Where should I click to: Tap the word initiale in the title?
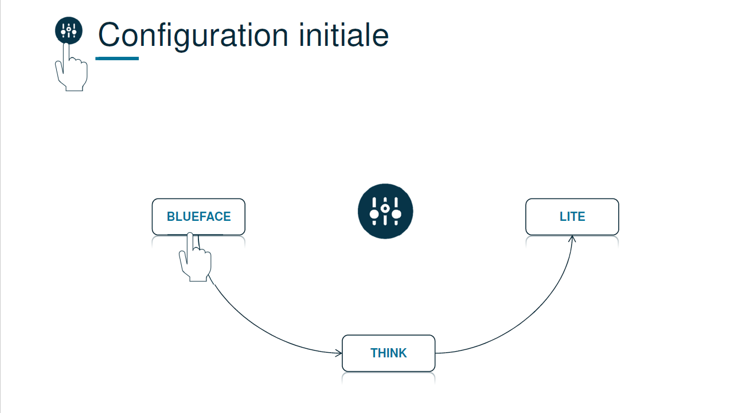pos(344,36)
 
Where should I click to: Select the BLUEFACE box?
pos(198,217)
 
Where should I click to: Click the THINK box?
pos(388,353)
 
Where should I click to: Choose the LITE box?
pos(572,217)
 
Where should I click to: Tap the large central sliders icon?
pos(385,212)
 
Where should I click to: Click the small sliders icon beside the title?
pos(69,30)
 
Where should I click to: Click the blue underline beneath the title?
pos(117,58)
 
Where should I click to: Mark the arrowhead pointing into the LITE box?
pos(572,238)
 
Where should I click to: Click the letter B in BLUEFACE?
pos(171,217)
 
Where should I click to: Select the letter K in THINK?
pos(403,353)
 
